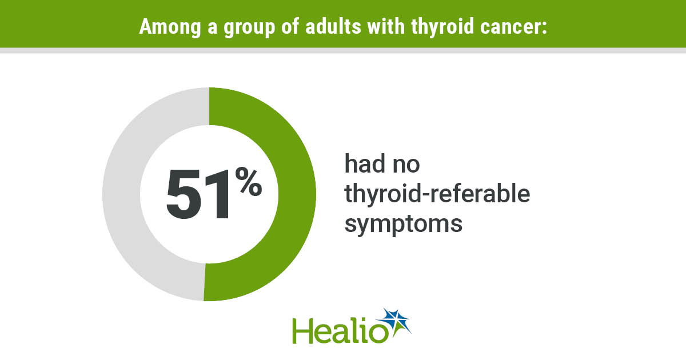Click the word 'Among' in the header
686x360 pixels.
click(170, 27)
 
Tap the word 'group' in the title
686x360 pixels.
click(249, 28)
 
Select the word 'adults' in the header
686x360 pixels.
click(333, 26)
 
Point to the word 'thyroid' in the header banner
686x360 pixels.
click(442, 27)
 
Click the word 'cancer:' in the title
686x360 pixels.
click(513, 27)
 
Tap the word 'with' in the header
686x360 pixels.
click(386, 26)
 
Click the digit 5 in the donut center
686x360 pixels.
click(183, 194)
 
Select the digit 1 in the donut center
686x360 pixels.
click(217, 194)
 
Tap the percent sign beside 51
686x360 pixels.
click(249, 181)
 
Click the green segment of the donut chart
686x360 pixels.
click(297, 194)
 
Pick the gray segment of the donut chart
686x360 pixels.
click(121, 194)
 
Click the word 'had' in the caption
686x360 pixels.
click(365, 163)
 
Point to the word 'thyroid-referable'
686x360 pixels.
click(437, 194)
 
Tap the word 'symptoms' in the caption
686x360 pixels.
click(404, 224)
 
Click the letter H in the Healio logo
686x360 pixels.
click(303, 331)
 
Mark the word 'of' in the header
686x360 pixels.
click(290, 26)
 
